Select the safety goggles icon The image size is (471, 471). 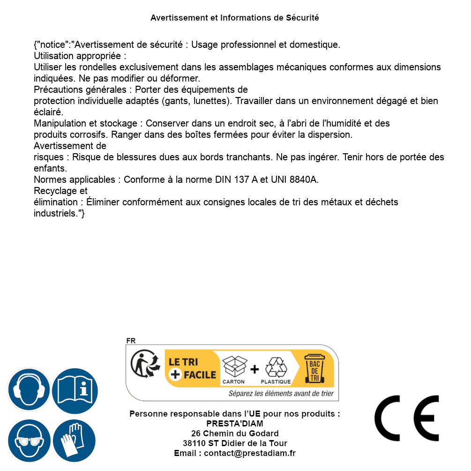click(29, 441)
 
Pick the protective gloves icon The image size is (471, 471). click(74, 441)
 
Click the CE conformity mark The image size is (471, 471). click(407, 419)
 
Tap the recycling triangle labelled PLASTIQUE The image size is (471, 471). click(276, 367)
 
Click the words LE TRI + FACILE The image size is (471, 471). click(192, 368)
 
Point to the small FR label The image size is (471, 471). click(131, 341)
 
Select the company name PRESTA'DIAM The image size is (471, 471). click(235, 424)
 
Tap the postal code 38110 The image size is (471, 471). click(194, 443)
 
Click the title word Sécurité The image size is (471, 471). click(302, 18)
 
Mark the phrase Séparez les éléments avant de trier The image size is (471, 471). click(281, 394)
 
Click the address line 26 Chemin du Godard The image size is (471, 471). click(235, 434)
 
